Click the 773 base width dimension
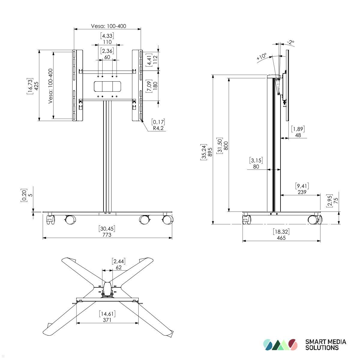coord(107,235)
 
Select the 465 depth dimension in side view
coord(281,238)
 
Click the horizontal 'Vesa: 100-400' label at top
coord(108,26)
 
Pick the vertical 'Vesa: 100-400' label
coord(50,86)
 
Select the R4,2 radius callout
coord(158,128)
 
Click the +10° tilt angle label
coord(262,56)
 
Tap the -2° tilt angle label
coord(290,42)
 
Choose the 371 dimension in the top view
coord(107,320)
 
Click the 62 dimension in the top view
coord(118,267)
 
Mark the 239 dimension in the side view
coord(302,192)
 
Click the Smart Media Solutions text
coord(325,345)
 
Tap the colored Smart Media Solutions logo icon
coord(280,345)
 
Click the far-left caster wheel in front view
coord(50,220)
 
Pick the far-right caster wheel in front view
coord(167,220)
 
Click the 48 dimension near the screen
coord(298,135)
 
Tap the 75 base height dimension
coord(336,200)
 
